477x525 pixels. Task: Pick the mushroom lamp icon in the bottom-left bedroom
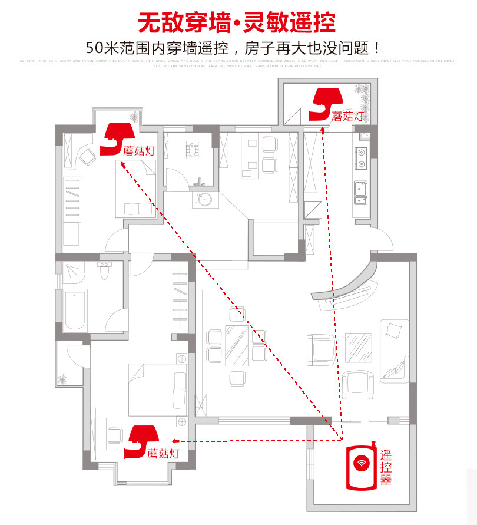click(143, 441)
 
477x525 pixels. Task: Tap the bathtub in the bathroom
click(75, 309)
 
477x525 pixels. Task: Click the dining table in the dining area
click(238, 345)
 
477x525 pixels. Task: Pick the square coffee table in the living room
click(358, 347)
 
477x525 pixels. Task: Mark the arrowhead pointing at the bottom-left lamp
click(175, 441)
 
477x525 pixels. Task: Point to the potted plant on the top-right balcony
click(360, 92)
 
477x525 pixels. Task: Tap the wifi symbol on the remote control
click(360, 463)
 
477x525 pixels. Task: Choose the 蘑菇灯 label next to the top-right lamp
click(347, 116)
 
